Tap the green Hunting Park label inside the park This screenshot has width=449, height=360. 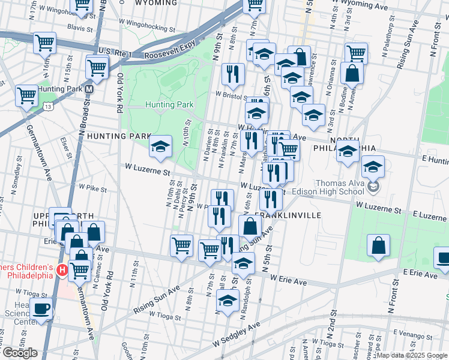(169, 104)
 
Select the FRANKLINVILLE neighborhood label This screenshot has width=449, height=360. (288, 215)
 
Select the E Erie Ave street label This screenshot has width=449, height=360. (420, 273)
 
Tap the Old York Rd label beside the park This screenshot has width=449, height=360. (121, 93)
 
